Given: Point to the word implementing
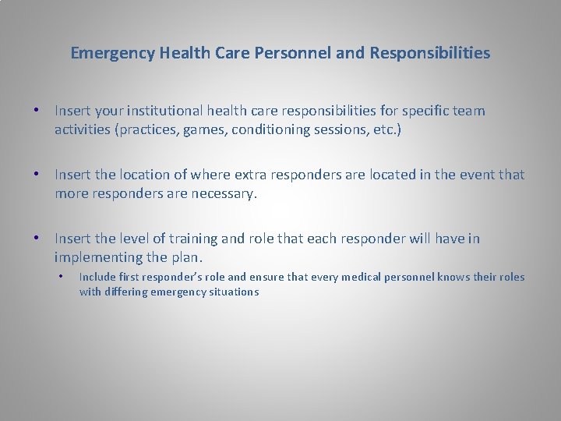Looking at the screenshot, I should click(x=99, y=257).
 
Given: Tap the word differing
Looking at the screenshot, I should click(x=129, y=292).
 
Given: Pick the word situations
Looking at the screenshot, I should click(x=231, y=292).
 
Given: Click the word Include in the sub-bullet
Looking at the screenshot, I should click(x=97, y=277).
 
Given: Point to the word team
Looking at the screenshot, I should click(x=469, y=111).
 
